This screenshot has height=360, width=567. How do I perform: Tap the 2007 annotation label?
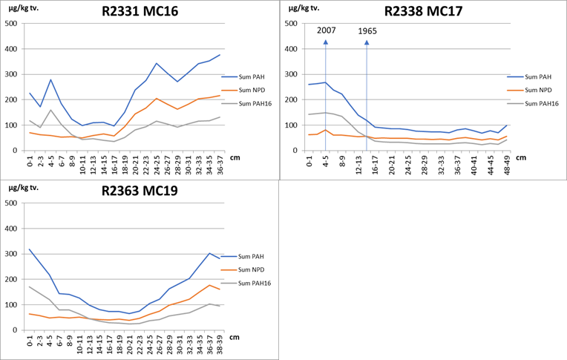[327, 30]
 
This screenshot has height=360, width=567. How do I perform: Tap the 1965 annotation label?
[367, 31]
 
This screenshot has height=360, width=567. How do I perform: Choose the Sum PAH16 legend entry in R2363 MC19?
[250, 284]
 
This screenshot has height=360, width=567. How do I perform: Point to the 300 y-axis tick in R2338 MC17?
[293, 74]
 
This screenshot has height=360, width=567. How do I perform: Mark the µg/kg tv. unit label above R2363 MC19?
[22, 189]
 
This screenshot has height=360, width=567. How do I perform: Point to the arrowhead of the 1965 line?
[367, 41]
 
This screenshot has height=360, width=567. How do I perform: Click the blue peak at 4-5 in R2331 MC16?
[50, 79]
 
